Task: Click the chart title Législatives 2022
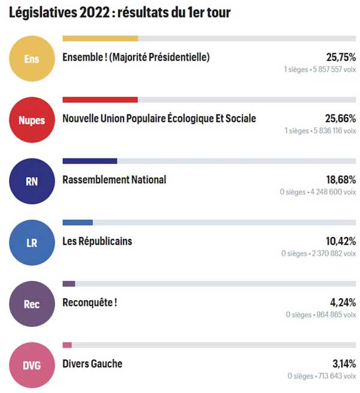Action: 120,13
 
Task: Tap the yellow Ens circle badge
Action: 31,59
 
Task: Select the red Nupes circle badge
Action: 31,120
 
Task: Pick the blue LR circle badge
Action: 31,243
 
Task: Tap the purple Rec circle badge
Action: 31,304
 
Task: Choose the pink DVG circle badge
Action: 31,365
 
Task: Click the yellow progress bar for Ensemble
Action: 100,38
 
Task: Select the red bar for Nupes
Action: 100,100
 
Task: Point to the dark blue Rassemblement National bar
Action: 90,161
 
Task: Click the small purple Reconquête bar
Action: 69,283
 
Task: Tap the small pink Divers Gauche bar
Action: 67,344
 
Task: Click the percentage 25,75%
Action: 341,58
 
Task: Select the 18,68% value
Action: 341,180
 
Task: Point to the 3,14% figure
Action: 343,364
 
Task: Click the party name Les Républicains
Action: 97,241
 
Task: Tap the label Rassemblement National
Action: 114,179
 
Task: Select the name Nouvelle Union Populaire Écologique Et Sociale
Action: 159,118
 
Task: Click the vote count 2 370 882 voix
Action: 332,254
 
